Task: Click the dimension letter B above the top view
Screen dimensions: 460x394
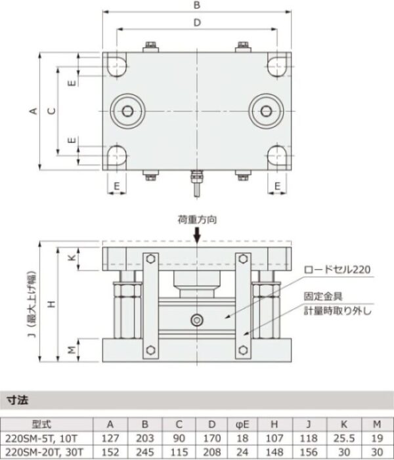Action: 196,5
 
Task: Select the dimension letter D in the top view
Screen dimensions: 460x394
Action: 196,24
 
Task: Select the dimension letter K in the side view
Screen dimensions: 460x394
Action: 73,259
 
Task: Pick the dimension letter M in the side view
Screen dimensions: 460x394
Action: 73,349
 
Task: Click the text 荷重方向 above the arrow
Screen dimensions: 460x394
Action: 196,220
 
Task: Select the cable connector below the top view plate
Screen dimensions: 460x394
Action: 196,180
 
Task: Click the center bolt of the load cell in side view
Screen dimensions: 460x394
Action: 196,320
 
